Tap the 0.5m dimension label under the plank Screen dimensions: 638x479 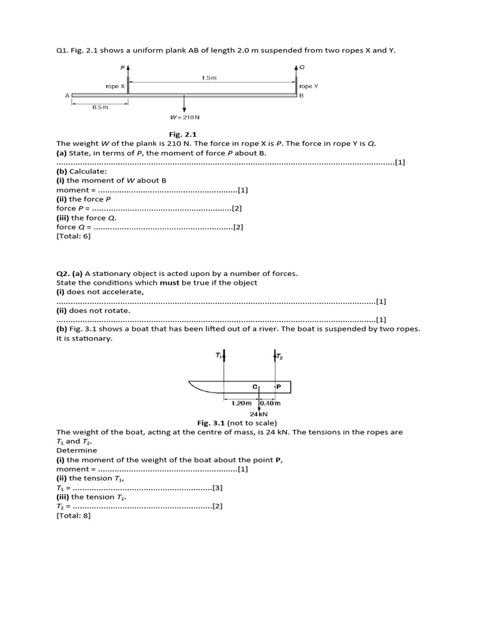click(100, 107)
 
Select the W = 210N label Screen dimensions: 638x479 click(185, 117)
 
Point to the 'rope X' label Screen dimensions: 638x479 click(115, 86)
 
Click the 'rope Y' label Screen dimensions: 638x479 click(309, 86)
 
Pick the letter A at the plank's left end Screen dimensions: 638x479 click(66, 95)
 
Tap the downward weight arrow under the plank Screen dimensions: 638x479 click(185, 105)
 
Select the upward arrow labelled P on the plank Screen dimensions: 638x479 click(128, 75)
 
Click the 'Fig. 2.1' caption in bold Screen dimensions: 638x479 click(183, 134)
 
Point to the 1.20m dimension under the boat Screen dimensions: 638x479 click(241, 403)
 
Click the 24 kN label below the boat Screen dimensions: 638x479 click(259, 413)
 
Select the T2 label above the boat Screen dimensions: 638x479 click(279, 356)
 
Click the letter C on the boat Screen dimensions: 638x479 click(254, 387)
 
